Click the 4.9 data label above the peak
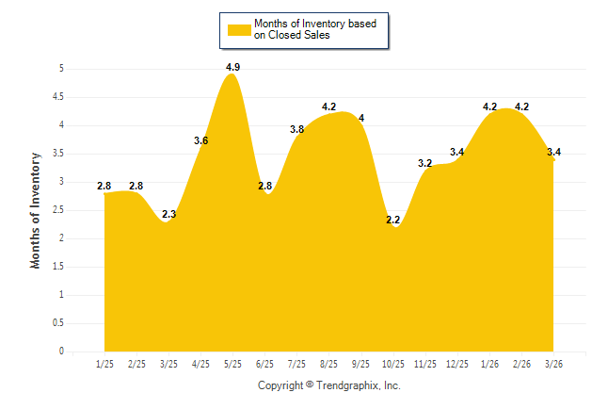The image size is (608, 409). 233,67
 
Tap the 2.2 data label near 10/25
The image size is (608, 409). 392,221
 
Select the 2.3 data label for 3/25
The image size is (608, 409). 168,215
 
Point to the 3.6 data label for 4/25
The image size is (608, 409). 201,140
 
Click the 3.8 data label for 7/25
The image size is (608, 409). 296,129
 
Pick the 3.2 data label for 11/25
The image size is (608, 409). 424,163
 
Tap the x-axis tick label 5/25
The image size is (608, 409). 232,363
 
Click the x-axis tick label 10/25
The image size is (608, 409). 392,363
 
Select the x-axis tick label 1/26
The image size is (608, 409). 489,363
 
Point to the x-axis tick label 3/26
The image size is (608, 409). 553,363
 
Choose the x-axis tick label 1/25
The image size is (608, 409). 104,363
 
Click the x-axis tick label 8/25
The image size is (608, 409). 328,363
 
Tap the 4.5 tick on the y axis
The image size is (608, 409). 58,96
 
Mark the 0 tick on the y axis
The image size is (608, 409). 61,352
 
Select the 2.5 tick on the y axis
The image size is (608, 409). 58,209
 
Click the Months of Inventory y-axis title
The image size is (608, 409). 36,210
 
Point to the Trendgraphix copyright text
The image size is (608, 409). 329,385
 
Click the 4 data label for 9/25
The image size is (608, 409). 361,118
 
